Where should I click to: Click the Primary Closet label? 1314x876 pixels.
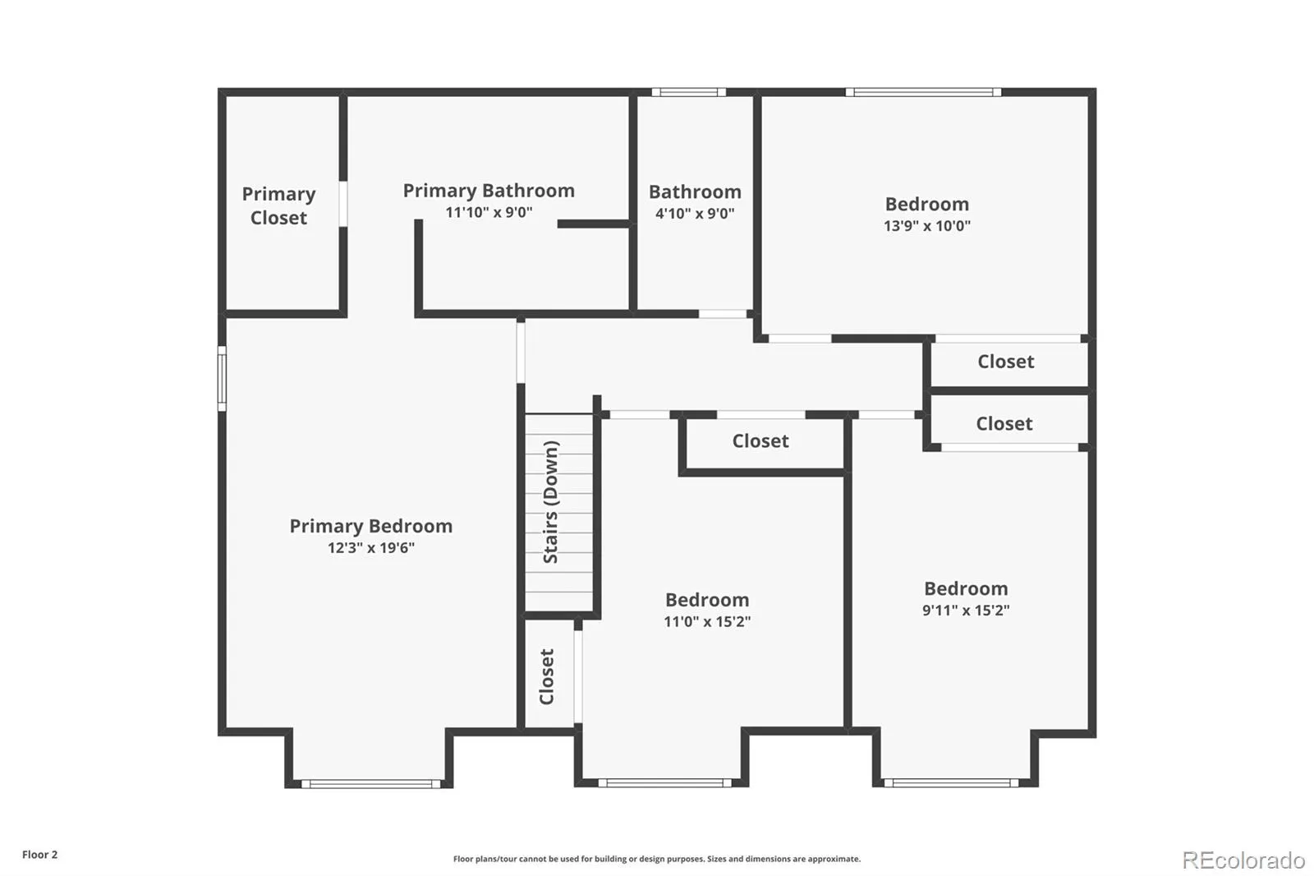[278, 205]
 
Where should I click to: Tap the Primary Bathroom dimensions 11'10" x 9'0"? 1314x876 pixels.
[489, 212]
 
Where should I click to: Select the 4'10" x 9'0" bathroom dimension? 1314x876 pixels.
[695, 213]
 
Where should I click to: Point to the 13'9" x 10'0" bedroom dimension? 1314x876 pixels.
[927, 225]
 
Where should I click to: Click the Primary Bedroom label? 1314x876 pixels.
[370, 526]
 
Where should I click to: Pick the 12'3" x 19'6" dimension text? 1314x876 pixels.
[370, 548]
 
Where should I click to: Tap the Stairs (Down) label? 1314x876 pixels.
[550, 502]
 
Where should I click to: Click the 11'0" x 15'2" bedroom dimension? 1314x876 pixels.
[707, 621]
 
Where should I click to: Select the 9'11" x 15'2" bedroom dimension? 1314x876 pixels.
[966, 610]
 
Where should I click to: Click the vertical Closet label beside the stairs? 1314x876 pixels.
[547, 676]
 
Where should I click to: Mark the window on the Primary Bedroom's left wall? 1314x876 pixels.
[222, 379]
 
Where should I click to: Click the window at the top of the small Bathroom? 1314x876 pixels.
[689, 92]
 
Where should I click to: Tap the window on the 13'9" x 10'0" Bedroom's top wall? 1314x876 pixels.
[923, 92]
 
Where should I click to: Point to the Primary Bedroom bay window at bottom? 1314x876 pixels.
[370, 784]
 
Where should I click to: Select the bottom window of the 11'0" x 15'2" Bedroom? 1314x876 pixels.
[664, 782]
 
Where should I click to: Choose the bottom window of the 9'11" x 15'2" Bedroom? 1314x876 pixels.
[951, 782]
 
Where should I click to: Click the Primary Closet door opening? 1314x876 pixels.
[343, 204]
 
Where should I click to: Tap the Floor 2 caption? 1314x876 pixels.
[40, 855]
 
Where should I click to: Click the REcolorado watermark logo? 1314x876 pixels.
[1243, 860]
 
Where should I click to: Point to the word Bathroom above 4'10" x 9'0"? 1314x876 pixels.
[695, 192]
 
